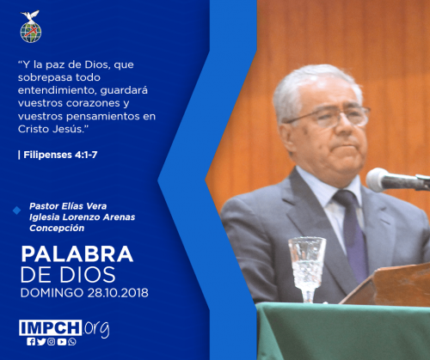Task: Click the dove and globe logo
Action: (x=31, y=27)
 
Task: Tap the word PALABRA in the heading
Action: (x=77, y=254)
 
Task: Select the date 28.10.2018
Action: (x=118, y=293)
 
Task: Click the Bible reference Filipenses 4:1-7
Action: (x=60, y=155)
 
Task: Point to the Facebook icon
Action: (x=31, y=342)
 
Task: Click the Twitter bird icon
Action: (x=41, y=342)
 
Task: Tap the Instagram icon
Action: (x=52, y=342)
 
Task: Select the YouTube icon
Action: (x=62, y=342)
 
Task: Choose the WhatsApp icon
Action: (x=72, y=342)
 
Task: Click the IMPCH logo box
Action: (x=51, y=327)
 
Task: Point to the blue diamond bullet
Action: (x=16, y=211)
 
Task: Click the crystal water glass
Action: (x=307, y=269)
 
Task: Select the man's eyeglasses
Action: (x=329, y=116)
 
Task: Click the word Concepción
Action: (x=57, y=229)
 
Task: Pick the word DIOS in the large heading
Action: (x=88, y=275)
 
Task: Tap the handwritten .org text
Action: (x=96, y=328)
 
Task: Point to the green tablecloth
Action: (x=343, y=332)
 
